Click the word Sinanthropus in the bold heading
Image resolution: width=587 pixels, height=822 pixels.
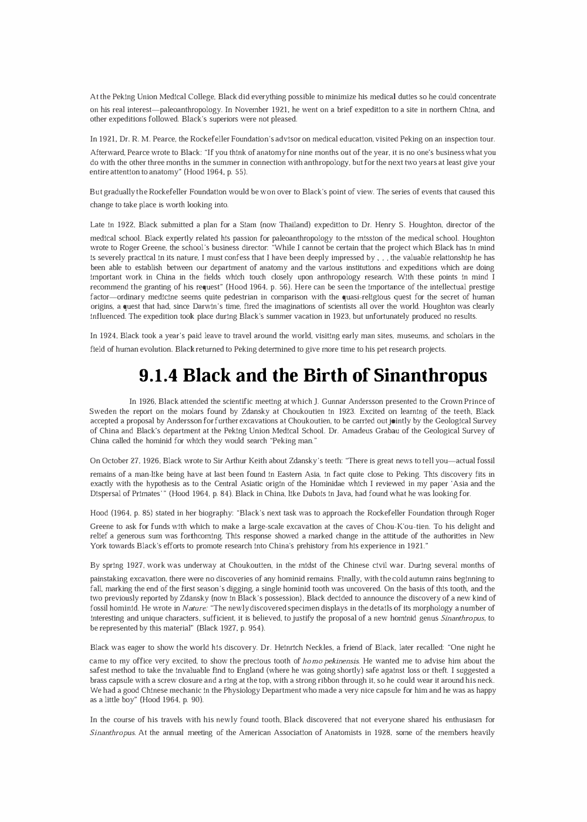[430, 375]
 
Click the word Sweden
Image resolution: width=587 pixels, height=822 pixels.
[103, 412]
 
